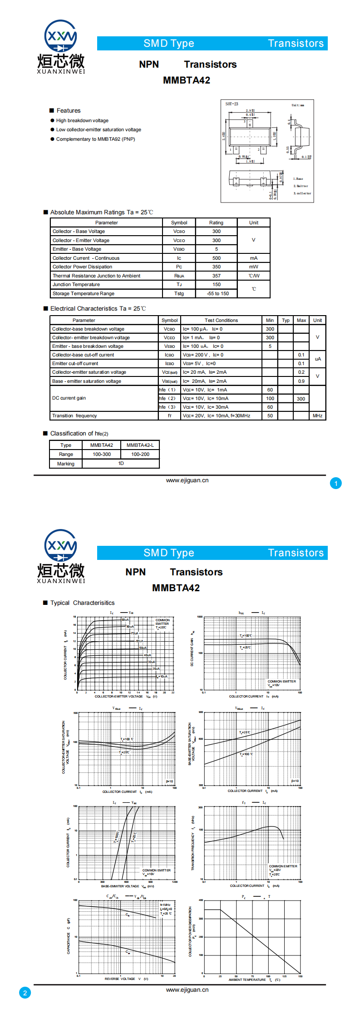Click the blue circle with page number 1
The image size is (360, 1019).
(x=336, y=484)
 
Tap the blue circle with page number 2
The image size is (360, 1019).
(x=25, y=993)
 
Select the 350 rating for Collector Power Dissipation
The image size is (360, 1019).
(x=217, y=267)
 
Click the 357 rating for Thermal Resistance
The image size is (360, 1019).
(x=217, y=276)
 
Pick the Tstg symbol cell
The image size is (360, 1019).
(x=179, y=293)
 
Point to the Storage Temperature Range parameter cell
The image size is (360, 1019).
(x=84, y=293)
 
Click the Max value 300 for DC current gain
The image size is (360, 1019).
(x=301, y=399)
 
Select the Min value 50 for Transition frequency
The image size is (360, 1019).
(x=270, y=416)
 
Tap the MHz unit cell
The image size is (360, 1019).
(x=317, y=416)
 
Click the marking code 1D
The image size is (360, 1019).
(x=121, y=464)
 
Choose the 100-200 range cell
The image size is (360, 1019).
(x=140, y=454)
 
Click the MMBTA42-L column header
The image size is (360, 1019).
(x=140, y=445)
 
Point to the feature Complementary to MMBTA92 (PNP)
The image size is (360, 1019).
(x=95, y=139)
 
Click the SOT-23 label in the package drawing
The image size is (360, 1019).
(x=232, y=104)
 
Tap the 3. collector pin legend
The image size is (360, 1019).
(x=302, y=193)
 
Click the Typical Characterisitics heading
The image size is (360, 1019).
(x=82, y=603)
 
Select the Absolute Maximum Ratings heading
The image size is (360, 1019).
(x=102, y=212)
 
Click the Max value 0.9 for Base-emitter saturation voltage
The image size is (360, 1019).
(x=301, y=381)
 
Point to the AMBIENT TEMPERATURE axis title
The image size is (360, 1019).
(x=247, y=979)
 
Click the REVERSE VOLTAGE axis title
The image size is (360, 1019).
(x=120, y=979)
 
